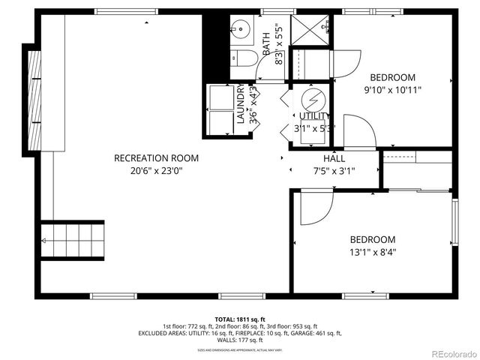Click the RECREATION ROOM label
tap(156, 157)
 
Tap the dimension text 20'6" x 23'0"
tap(156, 170)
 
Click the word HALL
tap(334, 159)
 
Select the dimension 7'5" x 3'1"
tap(334, 171)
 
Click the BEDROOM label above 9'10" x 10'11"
tap(393, 77)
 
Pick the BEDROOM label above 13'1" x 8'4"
tap(373, 239)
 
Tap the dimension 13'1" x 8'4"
tap(373, 252)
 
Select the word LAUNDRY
tap(241, 103)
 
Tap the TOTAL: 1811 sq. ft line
tap(240, 319)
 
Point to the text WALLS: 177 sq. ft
tap(240, 340)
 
